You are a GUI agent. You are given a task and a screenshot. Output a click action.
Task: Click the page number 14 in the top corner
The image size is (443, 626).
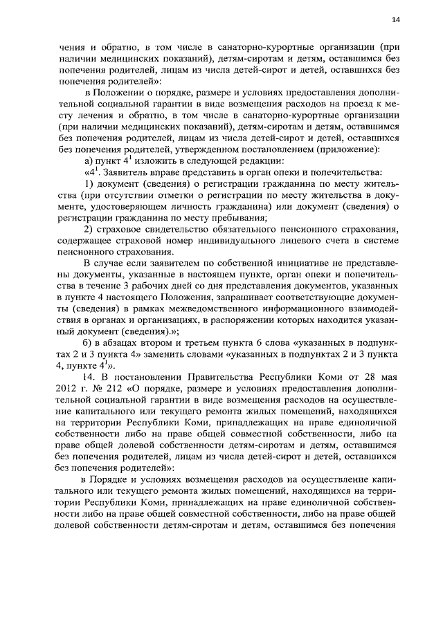click(396, 20)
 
